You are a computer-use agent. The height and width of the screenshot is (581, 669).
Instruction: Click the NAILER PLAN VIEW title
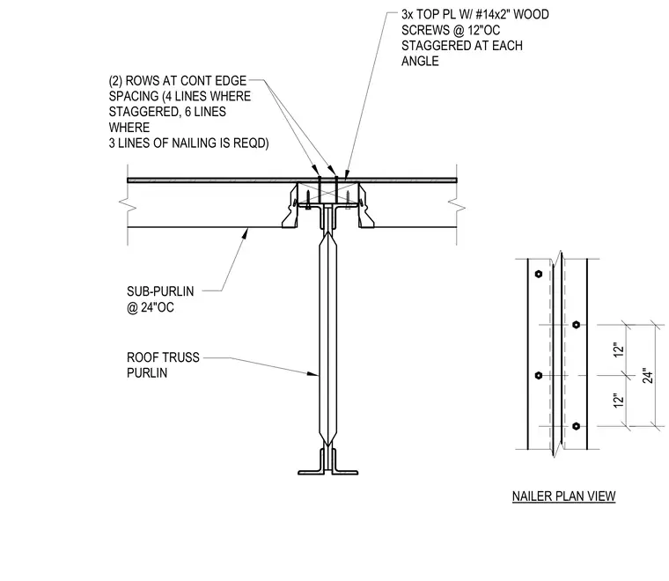563,496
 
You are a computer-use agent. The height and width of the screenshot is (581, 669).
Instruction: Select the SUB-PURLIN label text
160,291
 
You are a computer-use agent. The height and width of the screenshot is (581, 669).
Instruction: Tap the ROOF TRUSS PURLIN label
163,364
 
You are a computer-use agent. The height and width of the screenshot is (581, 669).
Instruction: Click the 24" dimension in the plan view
648,375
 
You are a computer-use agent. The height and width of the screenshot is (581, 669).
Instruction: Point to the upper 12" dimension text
618,349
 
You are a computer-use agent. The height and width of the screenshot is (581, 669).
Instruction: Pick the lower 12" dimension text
618,401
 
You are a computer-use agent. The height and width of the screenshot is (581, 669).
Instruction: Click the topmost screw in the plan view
539,274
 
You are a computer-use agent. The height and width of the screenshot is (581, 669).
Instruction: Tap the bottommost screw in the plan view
576,426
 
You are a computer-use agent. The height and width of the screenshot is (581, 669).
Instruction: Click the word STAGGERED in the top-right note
430,46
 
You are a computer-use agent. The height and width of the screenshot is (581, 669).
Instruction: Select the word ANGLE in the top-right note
420,61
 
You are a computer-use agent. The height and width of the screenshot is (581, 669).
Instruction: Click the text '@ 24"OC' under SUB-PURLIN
151,307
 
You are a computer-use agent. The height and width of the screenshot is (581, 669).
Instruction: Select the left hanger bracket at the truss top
290,206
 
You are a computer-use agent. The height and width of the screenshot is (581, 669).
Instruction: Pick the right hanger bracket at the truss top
365,206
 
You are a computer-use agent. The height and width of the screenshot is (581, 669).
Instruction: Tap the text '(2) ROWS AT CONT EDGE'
178,81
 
